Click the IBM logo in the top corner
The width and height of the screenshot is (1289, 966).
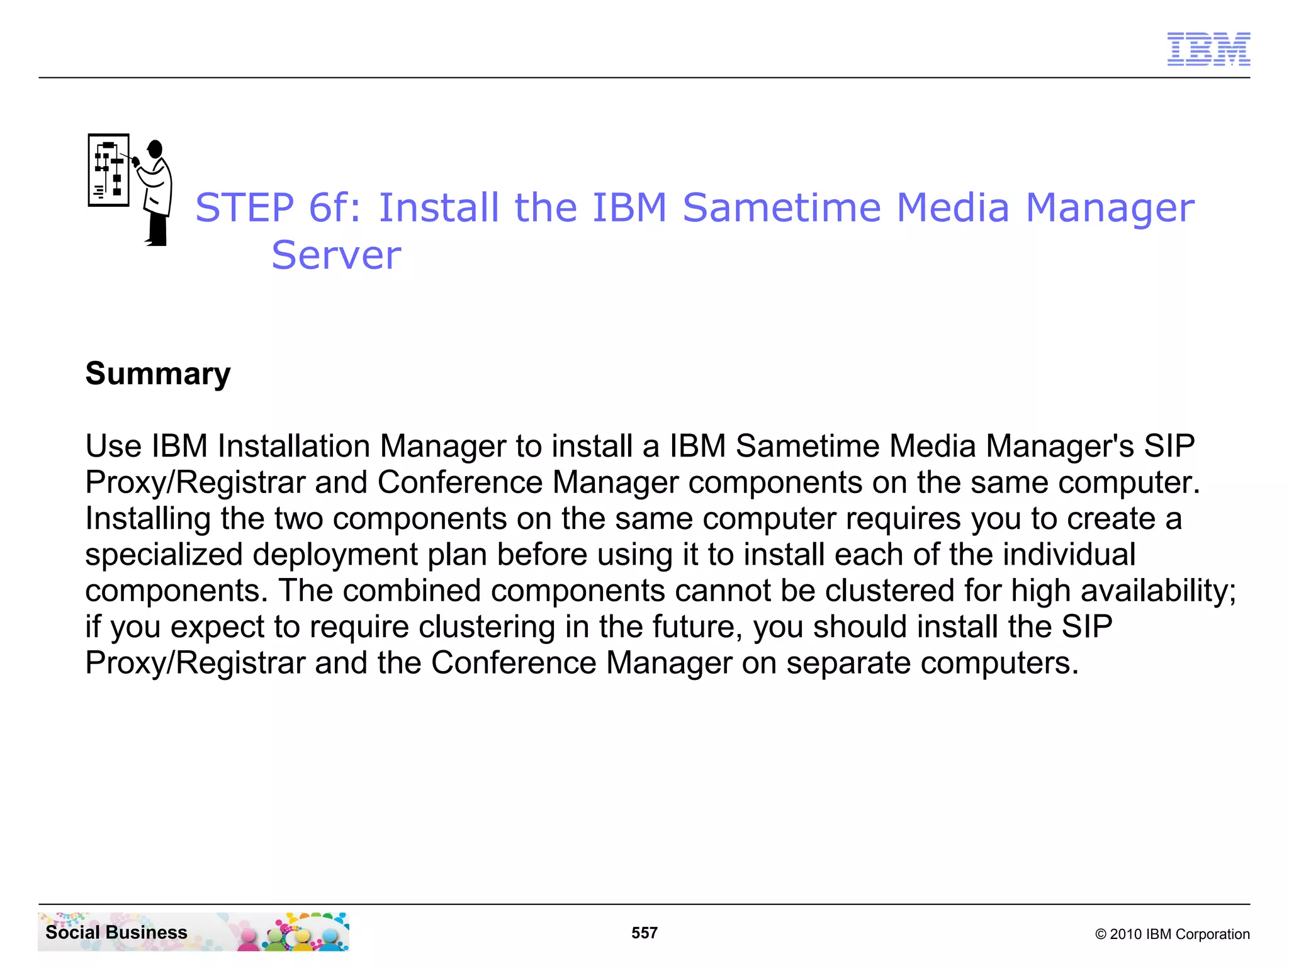coord(1208,49)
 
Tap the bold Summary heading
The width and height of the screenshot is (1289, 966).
coord(158,374)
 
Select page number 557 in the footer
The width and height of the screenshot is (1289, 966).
coord(644,933)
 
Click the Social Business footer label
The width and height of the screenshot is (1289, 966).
coord(116,932)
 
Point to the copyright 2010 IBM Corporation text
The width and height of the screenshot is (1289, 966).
coord(1172,934)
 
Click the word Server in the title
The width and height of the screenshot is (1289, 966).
coord(336,255)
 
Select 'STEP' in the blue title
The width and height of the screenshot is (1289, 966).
coord(245,208)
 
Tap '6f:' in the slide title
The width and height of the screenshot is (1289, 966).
coord(335,208)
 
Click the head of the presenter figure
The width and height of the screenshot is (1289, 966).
coord(155,149)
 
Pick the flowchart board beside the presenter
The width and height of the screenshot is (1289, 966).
coord(108,170)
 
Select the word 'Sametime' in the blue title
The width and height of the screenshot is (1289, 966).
coord(782,208)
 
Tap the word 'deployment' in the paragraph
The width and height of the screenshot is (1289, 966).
coord(335,555)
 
